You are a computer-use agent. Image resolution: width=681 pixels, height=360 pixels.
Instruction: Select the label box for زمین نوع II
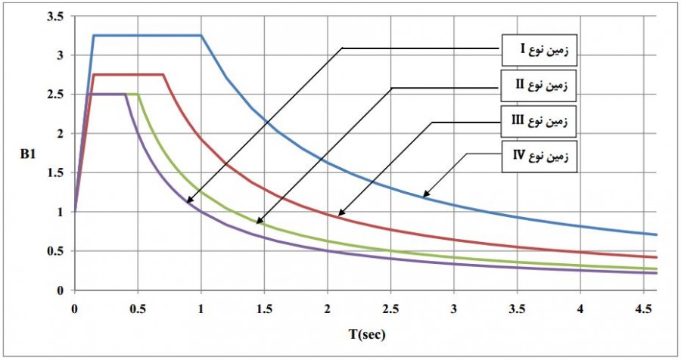[x=538, y=85]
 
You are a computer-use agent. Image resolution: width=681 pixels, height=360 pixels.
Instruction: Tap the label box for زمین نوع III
[x=538, y=119]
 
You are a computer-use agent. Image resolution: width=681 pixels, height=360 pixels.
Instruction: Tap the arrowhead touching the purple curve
[x=186, y=202]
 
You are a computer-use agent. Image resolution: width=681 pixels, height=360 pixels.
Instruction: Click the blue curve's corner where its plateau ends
[x=201, y=35]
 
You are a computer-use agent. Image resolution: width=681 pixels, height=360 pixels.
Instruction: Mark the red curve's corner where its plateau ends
[x=163, y=74]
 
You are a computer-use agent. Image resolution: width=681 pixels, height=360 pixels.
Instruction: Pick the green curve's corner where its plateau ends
[x=138, y=94]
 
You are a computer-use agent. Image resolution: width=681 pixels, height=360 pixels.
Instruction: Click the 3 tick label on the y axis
[x=60, y=55]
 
